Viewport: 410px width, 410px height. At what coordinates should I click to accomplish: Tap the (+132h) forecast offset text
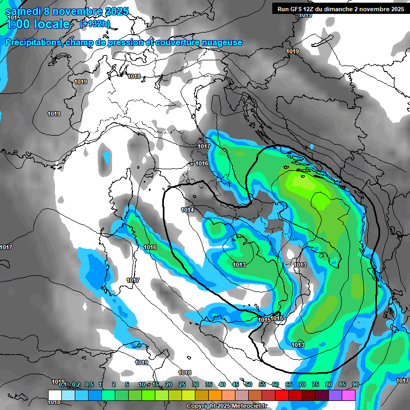point(95,23)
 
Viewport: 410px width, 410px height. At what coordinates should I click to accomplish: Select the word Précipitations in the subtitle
point(33,43)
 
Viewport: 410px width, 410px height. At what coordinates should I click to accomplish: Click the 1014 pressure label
point(187,210)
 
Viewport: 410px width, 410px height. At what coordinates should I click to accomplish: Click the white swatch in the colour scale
point(54,395)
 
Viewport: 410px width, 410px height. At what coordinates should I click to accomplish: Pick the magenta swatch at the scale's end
point(349,395)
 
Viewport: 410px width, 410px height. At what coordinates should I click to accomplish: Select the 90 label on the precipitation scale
point(355,385)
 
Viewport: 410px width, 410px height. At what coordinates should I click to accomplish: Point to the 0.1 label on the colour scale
point(62,385)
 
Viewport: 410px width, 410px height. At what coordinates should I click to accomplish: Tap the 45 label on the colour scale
point(235,385)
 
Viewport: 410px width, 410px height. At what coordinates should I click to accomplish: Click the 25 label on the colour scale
point(182,385)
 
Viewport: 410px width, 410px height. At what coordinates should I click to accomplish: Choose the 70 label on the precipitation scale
point(302,385)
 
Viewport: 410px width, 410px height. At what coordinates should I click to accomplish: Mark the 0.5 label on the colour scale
point(89,385)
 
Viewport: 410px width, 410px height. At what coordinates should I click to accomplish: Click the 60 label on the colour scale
point(275,385)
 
